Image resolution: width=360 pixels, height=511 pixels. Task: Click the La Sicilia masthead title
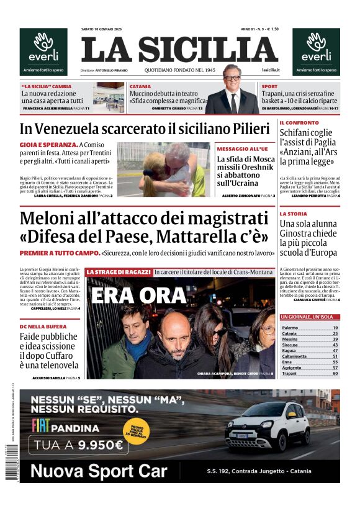pyautogui.click(x=179, y=49)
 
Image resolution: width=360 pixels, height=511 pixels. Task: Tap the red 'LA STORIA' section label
pyautogui.click(x=292, y=214)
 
